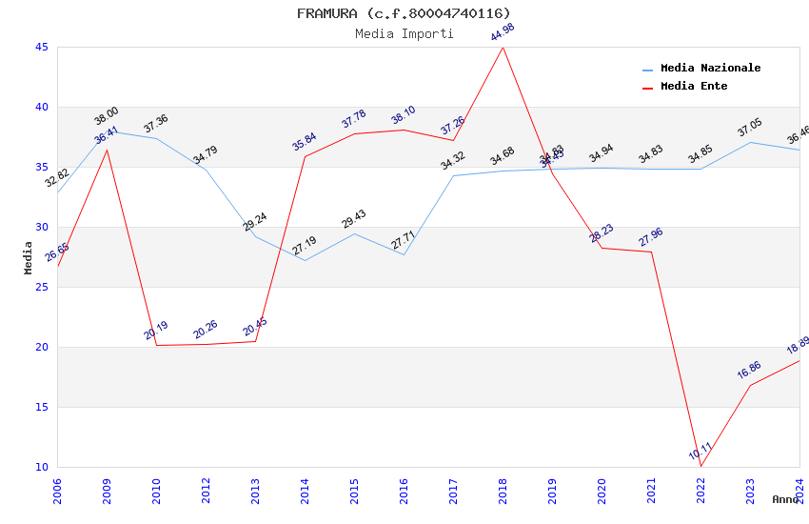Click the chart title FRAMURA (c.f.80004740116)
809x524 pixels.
pyautogui.click(x=404, y=13)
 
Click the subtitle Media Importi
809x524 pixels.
pyautogui.click(x=404, y=34)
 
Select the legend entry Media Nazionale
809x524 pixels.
pyautogui.click(x=710, y=69)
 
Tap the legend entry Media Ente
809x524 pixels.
pyautogui.click(x=694, y=87)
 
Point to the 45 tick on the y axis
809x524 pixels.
pyautogui.click(x=41, y=48)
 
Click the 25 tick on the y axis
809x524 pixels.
pyautogui.click(x=41, y=288)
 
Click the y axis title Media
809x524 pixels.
pyautogui.click(x=29, y=257)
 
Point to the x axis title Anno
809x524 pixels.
pyautogui.click(x=785, y=499)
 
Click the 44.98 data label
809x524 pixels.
pyautogui.click(x=503, y=32)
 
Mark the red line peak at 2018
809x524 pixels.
pyautogui.click(x=503, y=48)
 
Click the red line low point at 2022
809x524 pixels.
pyautogui.click(x=700, y=466)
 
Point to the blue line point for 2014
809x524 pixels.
pyautogui.click(x=305, y=261)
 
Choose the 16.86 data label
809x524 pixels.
pyautogui.click(x=750, y=371)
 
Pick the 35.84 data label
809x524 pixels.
pyautogui.click(x=305, y=142)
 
